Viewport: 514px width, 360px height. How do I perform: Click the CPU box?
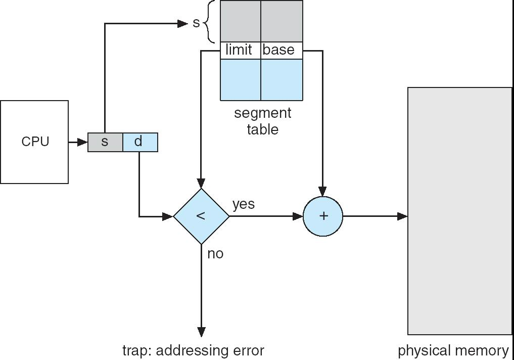pyautogui.click(x=34, y=142)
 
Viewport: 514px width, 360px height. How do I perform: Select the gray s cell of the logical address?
pyautogui.click(x=105, y=142)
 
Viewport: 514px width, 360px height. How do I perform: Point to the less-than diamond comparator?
pyautogui.click(x=201, y=216)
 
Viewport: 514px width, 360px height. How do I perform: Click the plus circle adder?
pyautogui.click(x=323, y=216)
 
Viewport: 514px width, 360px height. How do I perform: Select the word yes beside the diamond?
pyautogui.click(x=244, y=204)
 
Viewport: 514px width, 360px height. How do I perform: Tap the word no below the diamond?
pyautogui.click(x=215, y=253)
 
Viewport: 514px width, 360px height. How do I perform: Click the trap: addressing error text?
pyautogui.click(x=193, y=350)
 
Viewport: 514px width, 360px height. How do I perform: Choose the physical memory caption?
pyautogui.click(x=453, y=350)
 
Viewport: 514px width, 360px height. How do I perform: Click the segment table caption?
pyautogui.click(x=263, y=121)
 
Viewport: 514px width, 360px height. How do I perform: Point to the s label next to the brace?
pyautogui.click(x=196, y=23)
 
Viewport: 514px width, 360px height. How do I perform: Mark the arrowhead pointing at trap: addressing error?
pyautogui.click(x=201, y=332)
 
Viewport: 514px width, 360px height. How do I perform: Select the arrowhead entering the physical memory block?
pyautogui.click(x=402, y=216)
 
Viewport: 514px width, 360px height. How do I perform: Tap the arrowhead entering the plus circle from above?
pyautogui.click(x=323, y=192)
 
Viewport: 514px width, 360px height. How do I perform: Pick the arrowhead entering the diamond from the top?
pyautogui.click(x=201, y=184)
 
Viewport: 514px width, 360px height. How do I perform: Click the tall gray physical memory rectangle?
pyautogui.click(x=459, y=211)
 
